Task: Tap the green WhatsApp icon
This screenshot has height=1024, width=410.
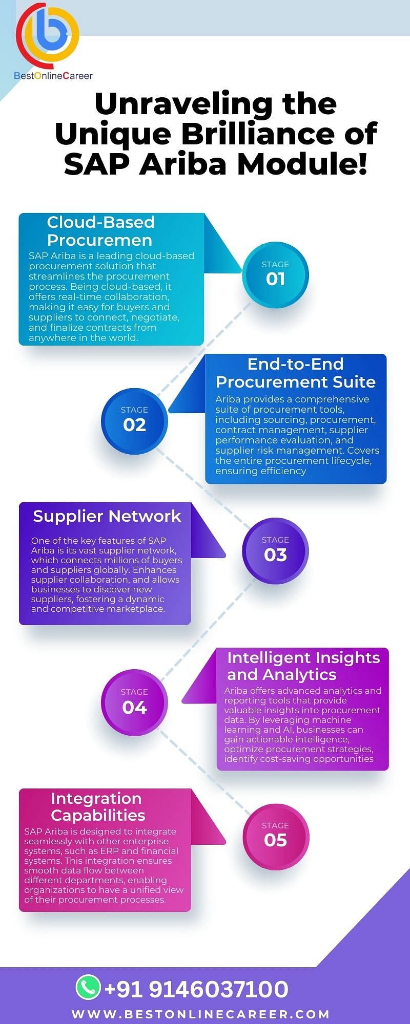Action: (x=88, y=987)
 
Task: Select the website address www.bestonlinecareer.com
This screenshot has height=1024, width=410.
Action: (x=200, y=1014)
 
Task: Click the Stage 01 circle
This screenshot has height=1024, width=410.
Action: (x=275, y=274)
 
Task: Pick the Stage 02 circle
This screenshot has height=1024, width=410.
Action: (x=134, y=421)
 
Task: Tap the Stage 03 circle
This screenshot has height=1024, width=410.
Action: (x=275, y=551)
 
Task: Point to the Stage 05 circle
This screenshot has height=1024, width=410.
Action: (x=276, y=837)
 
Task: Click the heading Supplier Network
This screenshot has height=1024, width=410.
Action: (x=107, y=516)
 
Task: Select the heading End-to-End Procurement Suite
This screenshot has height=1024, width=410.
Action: (x=296, y=373)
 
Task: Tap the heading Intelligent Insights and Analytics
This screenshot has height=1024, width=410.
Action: (x=303, y=666)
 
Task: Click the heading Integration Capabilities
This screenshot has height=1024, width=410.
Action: (x=98, y=807)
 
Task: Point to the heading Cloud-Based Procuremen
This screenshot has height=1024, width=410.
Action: (x=100, y=231)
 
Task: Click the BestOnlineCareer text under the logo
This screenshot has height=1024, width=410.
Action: (x=53, y=76)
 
